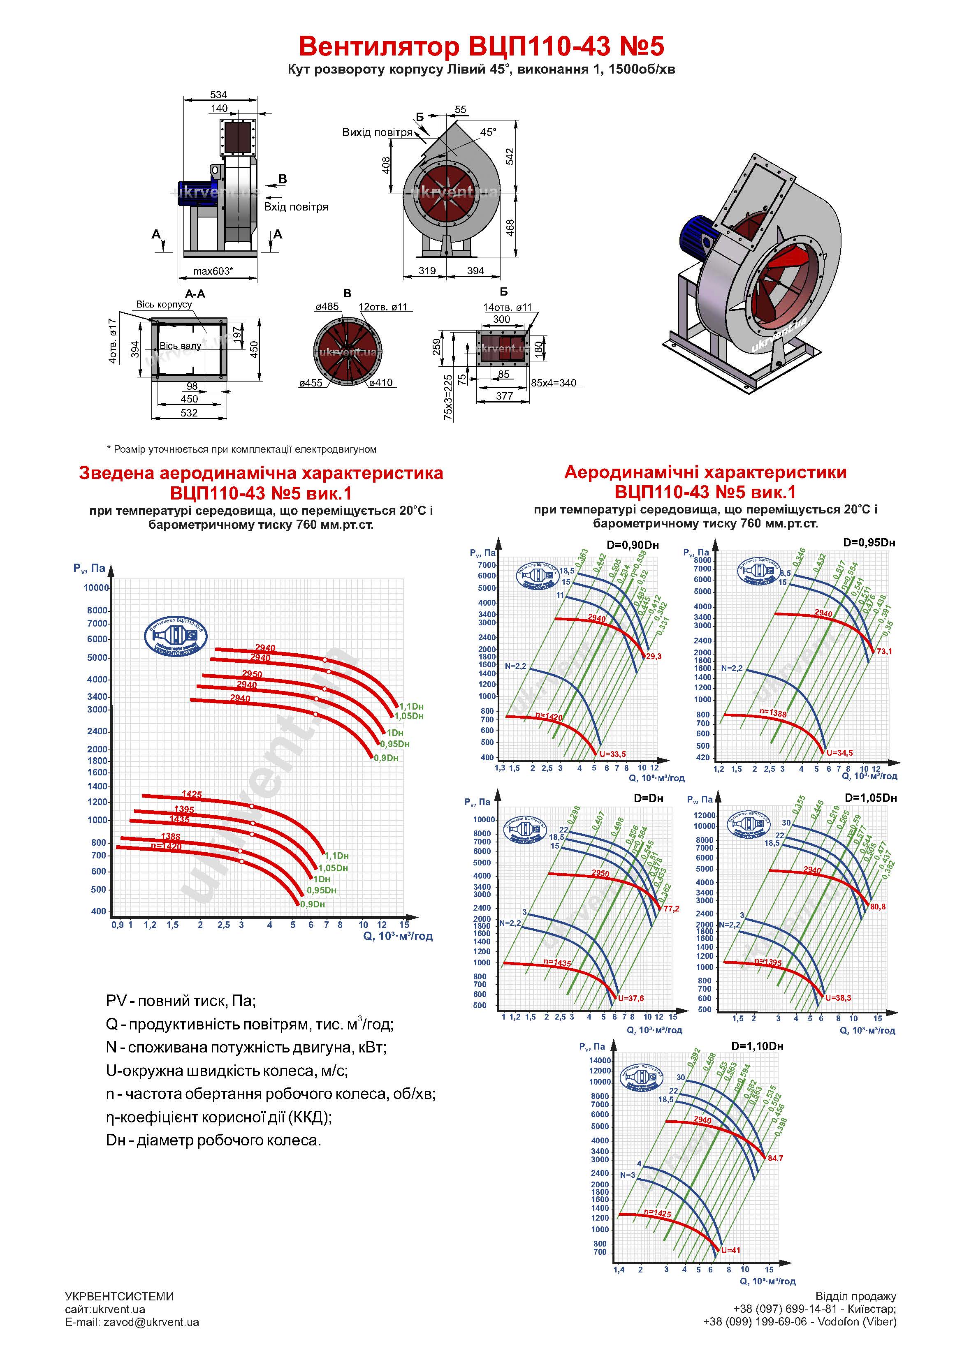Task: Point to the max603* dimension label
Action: click(x=213, y=271)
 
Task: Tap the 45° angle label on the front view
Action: click(x=488, y=132)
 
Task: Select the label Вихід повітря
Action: click(x=377, y=132)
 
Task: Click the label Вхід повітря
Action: click(x=296, y=207)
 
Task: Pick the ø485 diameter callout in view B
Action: click(x=327, y=307)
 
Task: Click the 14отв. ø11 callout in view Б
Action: click(x=508, y=308)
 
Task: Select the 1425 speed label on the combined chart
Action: click(x=191, y=794)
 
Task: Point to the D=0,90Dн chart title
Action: click(x=633, y=545)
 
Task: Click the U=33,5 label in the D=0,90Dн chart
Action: click(x=612, y=754)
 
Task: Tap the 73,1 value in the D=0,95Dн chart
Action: click(x=884, y=652)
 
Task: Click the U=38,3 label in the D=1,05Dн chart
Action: click(x=838, y=998)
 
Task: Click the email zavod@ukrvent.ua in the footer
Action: click(x=132, y=1322)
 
